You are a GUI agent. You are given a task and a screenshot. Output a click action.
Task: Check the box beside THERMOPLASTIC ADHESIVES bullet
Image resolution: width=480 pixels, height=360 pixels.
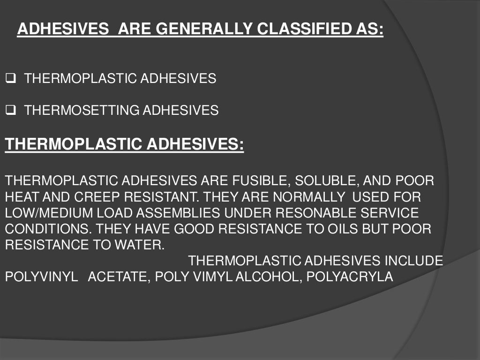(x=11, y=79)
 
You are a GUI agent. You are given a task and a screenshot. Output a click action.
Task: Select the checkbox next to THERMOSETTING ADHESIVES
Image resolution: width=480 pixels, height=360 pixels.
(x=11, y=111)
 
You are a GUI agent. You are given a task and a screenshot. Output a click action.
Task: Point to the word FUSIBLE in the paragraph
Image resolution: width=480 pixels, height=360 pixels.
(x=256, y=181)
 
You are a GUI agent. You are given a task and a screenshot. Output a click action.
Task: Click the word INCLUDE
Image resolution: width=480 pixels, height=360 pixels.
(x=414, y=261)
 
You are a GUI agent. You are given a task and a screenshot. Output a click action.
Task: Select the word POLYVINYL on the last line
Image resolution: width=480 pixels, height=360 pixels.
(x=41, y=277)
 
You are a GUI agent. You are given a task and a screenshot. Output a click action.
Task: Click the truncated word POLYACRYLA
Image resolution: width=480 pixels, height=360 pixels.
(x=350, y=277)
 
